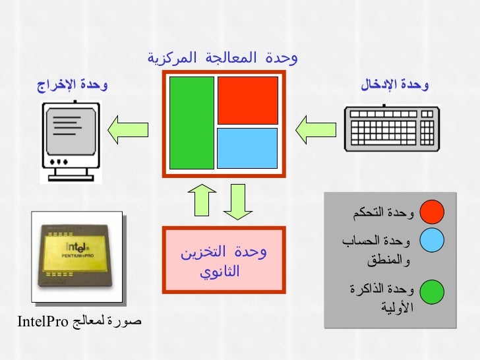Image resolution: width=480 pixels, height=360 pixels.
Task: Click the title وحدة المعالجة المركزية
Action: [223, 58]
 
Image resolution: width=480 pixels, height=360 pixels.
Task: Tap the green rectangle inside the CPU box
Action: [192, 122]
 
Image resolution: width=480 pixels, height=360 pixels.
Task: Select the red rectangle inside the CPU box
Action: [248, 100]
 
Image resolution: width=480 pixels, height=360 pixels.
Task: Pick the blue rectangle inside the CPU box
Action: [248, 148]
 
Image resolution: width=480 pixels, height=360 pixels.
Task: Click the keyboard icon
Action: [391, 129]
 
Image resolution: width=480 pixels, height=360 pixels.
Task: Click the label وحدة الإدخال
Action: [394, 84]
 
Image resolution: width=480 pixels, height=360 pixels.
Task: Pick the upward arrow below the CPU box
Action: [202, 200]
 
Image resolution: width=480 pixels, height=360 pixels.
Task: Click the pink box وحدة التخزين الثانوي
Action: [224, 260]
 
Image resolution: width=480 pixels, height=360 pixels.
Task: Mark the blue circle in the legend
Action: [433, 241]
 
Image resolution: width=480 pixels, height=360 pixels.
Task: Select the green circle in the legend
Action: [433, 290]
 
